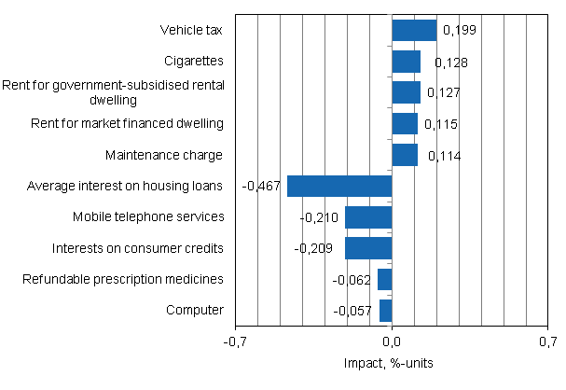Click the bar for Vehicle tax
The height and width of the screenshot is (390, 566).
tap(414, 31)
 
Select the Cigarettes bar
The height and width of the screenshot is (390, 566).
tap(406, 62)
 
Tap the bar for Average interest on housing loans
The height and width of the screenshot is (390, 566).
tap(339, 186)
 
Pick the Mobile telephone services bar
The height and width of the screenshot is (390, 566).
tap(368, 217)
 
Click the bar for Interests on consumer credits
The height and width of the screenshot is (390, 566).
tap(368, 248)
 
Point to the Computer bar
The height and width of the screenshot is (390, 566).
tap(385, 311)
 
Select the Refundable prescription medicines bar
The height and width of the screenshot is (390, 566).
tap(384, 279)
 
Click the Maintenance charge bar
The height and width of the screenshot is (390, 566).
tap(405, 155)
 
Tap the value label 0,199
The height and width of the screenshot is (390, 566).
tap(459, 31)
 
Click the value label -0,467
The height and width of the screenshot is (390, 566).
tap(262, 187)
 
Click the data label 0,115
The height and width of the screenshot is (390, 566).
tap(441, 124)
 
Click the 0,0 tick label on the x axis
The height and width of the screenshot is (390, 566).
tap(392, 341)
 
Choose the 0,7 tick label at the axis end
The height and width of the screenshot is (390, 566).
tap(546, 341)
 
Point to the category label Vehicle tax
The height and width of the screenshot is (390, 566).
tap(191, 31)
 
